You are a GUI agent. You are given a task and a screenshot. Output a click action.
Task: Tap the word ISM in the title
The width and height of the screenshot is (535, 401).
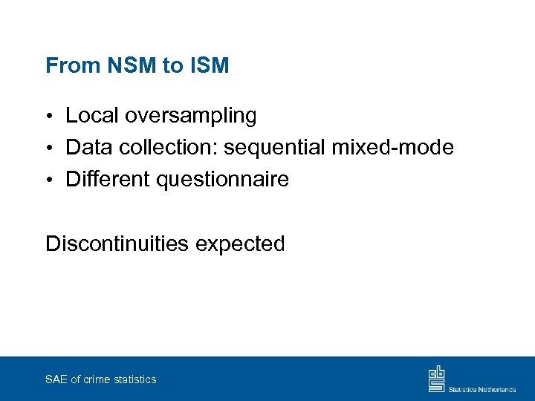[x=209, y=66]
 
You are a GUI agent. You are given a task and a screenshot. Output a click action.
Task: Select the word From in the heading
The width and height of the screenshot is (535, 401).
[x=73, y=66]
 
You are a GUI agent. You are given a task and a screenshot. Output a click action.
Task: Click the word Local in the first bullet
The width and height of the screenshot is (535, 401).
[x=92, y=116]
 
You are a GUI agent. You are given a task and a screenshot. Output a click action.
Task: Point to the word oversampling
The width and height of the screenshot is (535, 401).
[x=191, y=117]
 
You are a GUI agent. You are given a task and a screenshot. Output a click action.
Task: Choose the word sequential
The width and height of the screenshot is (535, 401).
[x=275, y=149]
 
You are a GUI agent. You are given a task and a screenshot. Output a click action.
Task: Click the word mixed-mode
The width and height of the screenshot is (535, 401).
[x=392, y=148]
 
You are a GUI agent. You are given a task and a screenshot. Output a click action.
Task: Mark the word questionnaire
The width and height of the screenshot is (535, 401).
[x=225, y=180]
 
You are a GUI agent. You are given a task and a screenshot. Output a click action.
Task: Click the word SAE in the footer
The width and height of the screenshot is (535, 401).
[x=56, y=379]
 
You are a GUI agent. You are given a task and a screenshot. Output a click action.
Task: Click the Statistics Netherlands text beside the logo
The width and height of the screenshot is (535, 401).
[x=482, y=388]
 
